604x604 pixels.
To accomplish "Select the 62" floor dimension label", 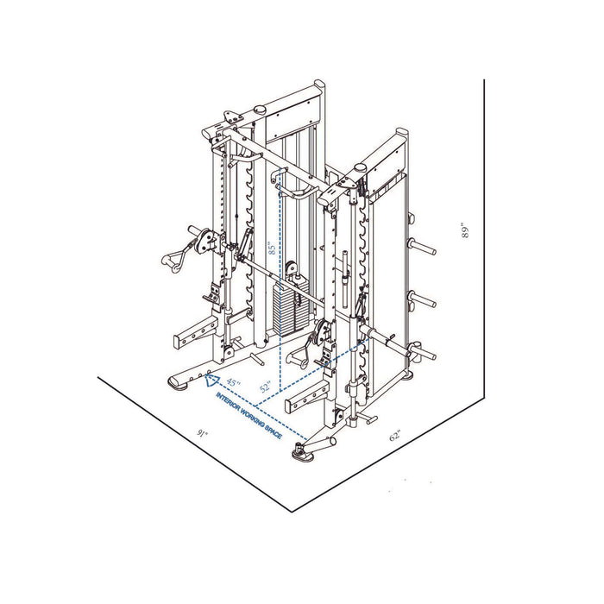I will point(395,437).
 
